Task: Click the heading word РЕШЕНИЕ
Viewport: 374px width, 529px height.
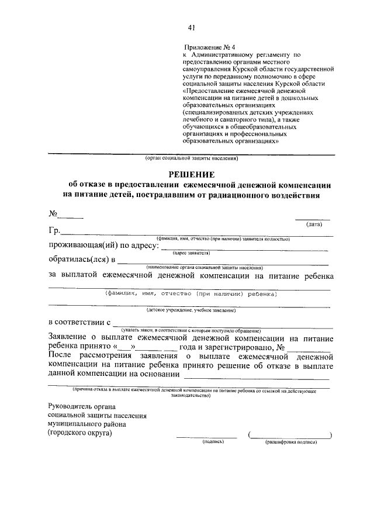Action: (192, 174)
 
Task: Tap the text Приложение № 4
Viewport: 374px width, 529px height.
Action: (209, 47)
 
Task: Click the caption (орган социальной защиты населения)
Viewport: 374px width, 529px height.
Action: (191, 158)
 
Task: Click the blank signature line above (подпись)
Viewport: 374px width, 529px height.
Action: (207, 436)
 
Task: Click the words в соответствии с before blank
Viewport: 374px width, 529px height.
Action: (79, 322)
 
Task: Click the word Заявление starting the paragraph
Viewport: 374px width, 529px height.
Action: (72, 338)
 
